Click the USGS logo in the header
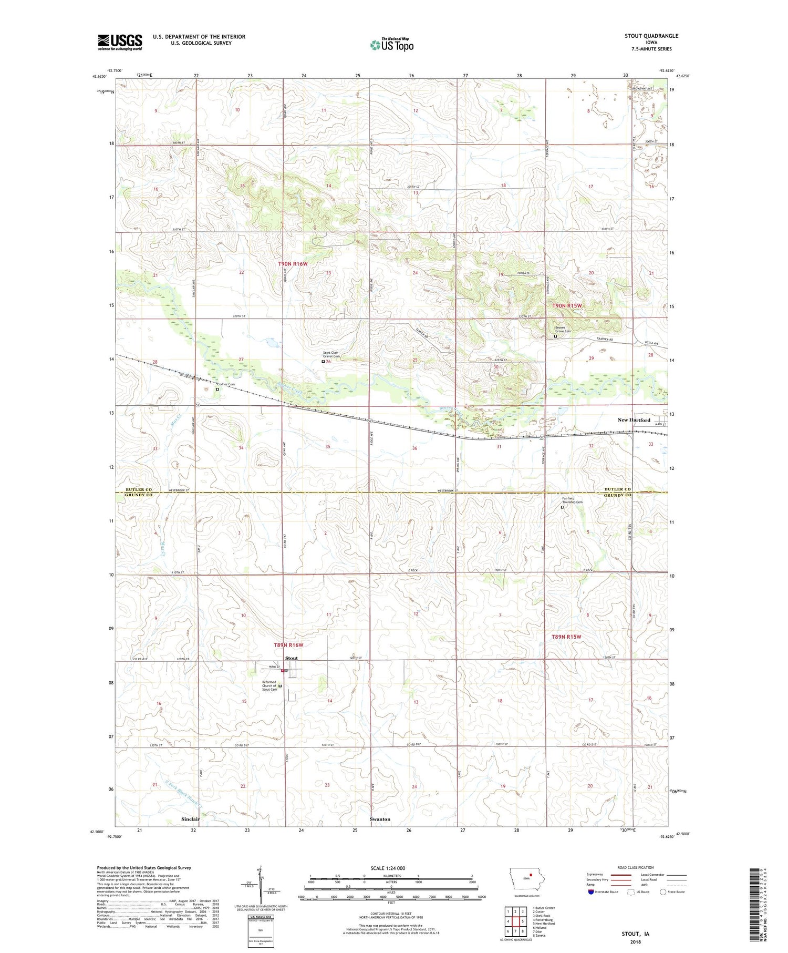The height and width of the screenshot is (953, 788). (120, 42)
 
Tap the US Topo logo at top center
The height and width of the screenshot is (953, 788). (391, 45)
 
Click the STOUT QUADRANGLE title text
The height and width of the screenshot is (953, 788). (651, 36)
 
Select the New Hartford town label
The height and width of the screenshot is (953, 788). (634, 420)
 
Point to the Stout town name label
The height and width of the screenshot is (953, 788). (291, 658)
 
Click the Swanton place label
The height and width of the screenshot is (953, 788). (380, 819)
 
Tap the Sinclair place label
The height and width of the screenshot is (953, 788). (191, 819)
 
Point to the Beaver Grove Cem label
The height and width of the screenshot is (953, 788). (563, 329)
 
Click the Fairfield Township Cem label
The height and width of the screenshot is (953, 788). (572, 500)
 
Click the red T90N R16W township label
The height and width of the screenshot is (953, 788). (293, 263)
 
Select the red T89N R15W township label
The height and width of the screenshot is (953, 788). (566, 637)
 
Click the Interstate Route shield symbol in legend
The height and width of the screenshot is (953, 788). (590, 892)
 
